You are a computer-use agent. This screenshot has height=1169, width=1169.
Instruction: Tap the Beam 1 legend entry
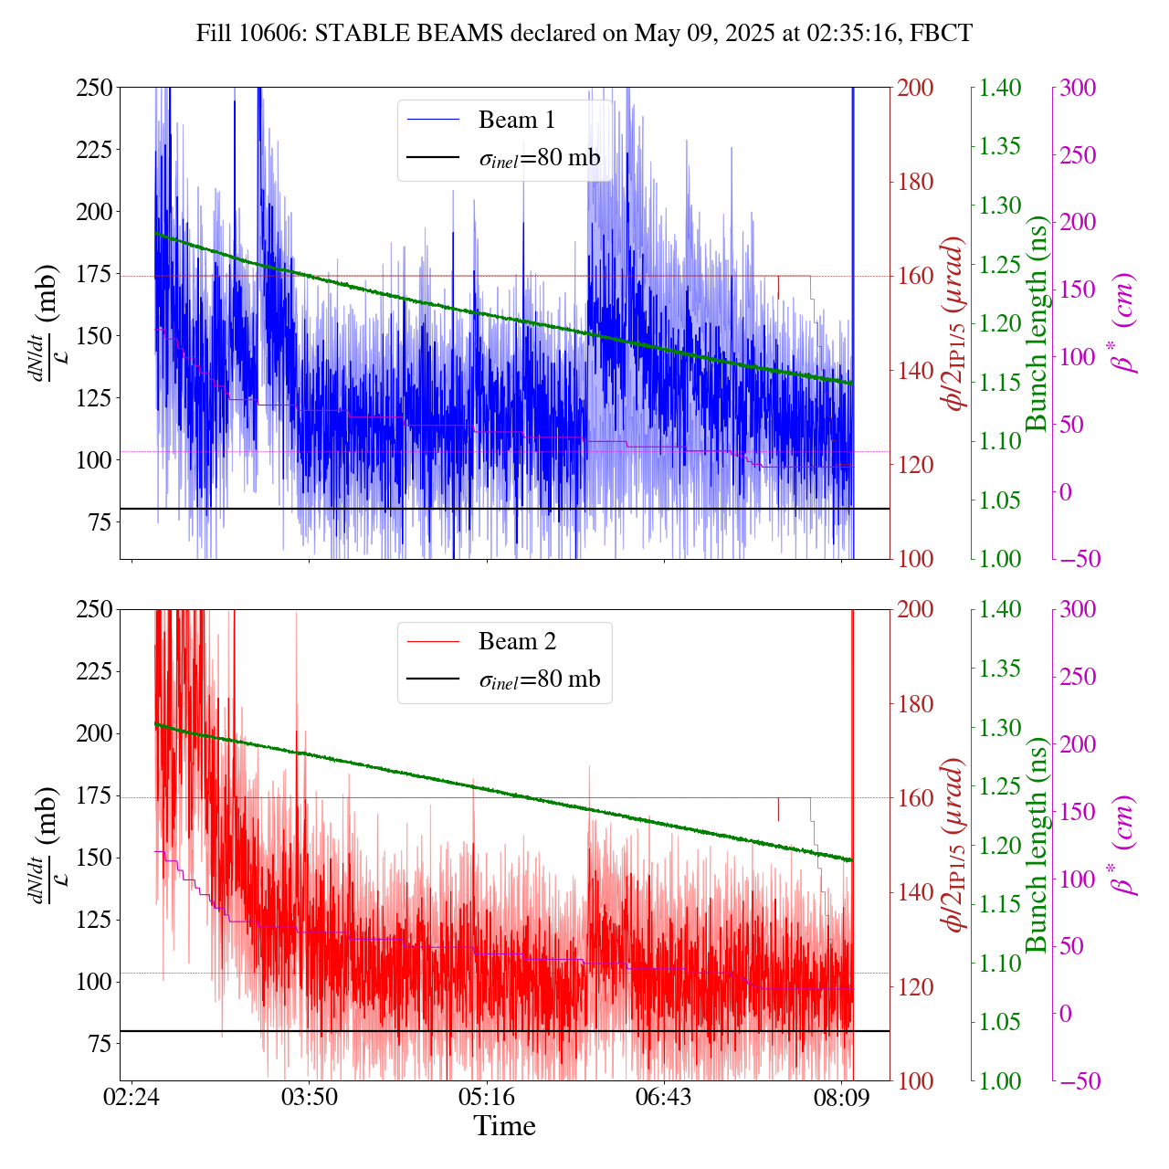[516, 120]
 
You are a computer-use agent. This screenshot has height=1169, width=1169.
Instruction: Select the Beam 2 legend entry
[516, 642]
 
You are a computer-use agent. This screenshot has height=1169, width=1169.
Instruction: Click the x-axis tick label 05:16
[487, 1096]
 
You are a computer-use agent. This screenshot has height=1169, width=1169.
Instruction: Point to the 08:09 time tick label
[841, 1096]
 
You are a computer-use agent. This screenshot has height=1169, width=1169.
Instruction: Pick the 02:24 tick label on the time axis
[132, 1096]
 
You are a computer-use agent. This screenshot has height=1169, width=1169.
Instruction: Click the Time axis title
[504, 1126]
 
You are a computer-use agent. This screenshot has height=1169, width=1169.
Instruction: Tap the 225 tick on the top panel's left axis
[95, 150]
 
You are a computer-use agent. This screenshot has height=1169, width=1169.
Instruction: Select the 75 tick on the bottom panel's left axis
[100, 1044]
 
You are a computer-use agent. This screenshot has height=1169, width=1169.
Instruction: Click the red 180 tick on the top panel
[916, 182]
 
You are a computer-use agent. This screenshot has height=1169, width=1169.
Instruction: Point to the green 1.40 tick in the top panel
[1002, 88]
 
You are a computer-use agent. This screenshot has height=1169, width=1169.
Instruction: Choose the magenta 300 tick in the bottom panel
[1078, 610]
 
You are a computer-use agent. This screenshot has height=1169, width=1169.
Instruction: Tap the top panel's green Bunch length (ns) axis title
[1036, 323]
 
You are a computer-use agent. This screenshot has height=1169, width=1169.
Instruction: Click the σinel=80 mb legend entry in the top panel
[539, 158]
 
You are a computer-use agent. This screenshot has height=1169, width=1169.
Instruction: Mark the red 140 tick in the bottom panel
[916, 892]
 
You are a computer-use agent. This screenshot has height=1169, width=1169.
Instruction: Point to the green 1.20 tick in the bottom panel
[1002, 845]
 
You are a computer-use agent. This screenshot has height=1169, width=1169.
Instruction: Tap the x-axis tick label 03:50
[310, 1096]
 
